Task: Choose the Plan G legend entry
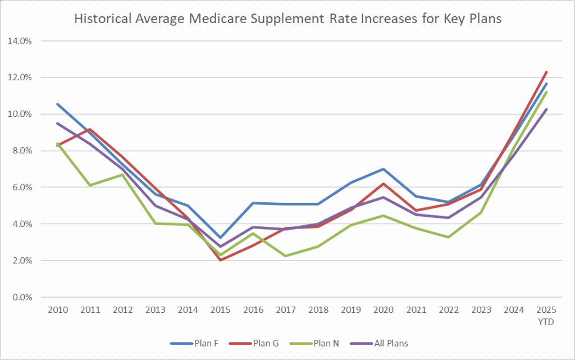coord(257,343)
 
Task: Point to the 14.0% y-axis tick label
coord(20,41)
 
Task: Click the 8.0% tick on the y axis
coord(22,151)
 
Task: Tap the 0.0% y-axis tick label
coord(22,297)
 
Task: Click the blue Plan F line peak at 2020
coord(383,169)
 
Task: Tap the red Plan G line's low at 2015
coord(220,260)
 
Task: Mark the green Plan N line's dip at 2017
coord(285,256)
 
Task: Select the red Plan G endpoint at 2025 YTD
coord(546,72)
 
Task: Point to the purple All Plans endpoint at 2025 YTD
coord(546,110)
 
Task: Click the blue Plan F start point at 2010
coord(57,104)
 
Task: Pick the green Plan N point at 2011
coord(89,185)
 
